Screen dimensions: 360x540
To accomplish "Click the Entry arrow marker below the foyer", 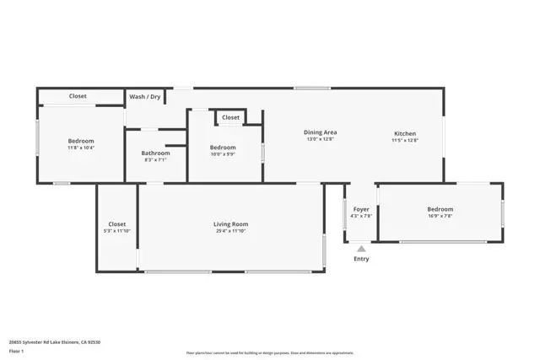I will (361, 249).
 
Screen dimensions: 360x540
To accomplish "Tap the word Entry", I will (361, 259).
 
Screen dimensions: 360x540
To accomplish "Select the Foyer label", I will (361, 209).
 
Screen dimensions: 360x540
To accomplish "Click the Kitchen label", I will (404, 133).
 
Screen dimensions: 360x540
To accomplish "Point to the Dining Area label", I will (321, 132).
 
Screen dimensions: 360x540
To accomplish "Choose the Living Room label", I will (230, 224).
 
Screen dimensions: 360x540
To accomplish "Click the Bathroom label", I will (155, 153).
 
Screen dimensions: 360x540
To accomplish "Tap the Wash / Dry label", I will (145, 97).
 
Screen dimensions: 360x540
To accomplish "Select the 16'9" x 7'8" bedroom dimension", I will (440, 216).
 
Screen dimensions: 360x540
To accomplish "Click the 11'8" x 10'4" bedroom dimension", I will (81, 148).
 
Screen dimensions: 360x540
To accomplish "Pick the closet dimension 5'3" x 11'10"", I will (116, 231).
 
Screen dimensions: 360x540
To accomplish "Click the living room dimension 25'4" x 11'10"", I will (230, 231).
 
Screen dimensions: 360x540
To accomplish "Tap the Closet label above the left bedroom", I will (78, 96).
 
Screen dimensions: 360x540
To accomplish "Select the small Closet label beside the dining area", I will (230, 117).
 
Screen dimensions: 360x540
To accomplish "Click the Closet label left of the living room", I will (116, 224).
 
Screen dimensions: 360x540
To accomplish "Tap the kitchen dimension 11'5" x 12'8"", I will (404, 140).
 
